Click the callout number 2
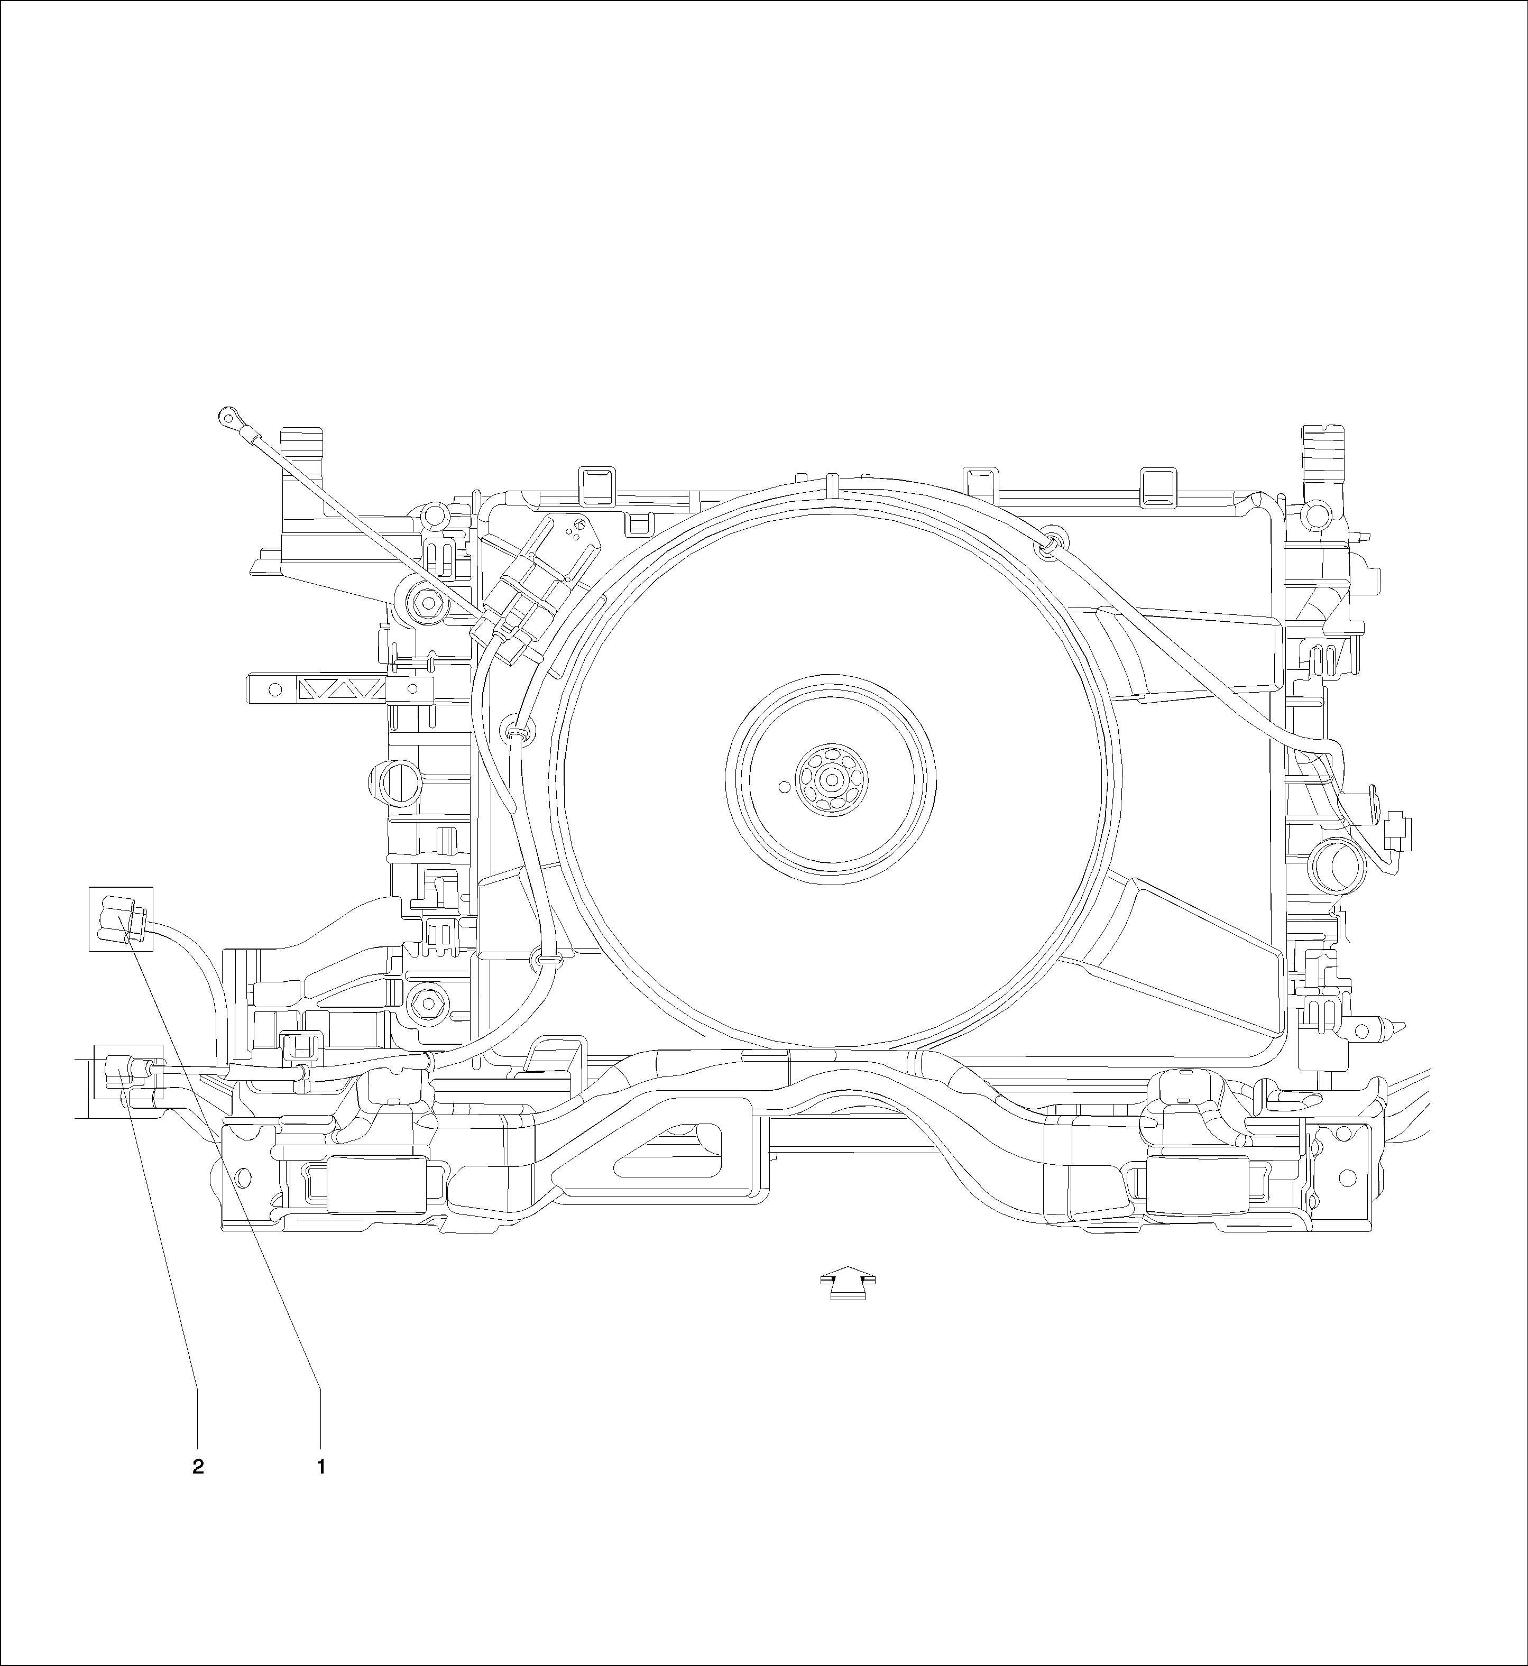tap(198, 1468)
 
